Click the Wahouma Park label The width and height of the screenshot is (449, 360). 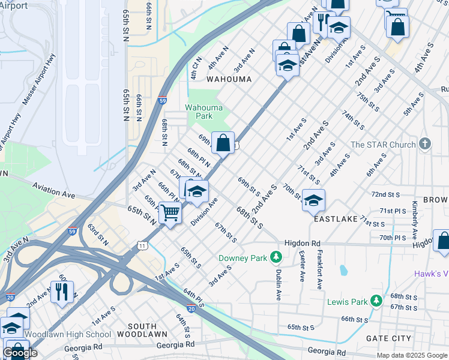[203, 112]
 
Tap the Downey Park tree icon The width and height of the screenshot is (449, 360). [276, 257]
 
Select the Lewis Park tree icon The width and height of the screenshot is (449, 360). [376, 299]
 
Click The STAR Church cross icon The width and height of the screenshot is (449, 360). [425, 144]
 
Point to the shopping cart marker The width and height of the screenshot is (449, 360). [170, 213]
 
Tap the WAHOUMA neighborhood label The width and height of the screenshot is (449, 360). [229, 79]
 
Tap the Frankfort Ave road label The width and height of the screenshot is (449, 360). [320, 269]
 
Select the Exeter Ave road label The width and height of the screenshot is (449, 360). [301, 266]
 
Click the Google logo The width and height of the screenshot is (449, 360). [20, 353]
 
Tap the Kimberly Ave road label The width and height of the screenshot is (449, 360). [414, 217]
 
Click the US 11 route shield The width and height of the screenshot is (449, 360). [142, 245]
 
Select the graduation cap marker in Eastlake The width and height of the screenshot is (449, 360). [313, 201]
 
